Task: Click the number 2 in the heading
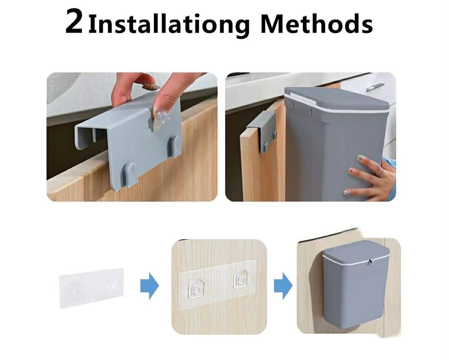74,22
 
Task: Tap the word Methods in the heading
317,22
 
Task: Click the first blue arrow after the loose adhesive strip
149,286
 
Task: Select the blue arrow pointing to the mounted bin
283,286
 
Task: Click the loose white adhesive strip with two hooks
91,288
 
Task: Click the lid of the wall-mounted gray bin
356,253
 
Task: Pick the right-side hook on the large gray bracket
174,146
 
